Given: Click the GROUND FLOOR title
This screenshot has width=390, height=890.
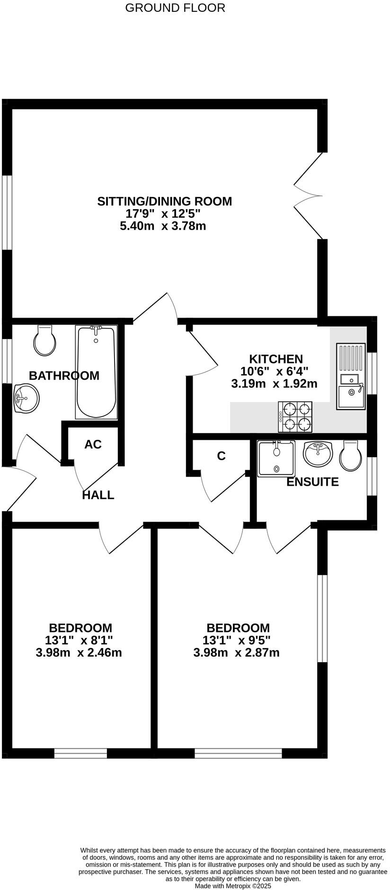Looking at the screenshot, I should (x=175, y=8).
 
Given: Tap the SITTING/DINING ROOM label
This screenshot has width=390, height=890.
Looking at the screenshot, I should (x=164, y=201).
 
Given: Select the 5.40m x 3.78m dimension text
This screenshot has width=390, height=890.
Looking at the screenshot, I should (x=163, y=226).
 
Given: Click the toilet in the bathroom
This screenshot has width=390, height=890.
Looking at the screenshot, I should (x=45, y=340).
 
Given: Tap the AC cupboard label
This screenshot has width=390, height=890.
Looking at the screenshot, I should (x=93, y=445).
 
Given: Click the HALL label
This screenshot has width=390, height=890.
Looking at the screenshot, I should (x=98, y=495).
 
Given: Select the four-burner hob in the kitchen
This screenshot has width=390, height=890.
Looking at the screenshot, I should (x=296, y=417).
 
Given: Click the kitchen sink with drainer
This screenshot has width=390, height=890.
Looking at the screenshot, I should (x=351, y=377).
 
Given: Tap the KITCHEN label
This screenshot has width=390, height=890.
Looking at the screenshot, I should (x=276, y=359).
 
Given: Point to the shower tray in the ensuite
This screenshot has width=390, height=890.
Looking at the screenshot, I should (x=276, y=458).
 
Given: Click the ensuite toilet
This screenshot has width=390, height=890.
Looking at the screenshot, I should (x=351, y=456).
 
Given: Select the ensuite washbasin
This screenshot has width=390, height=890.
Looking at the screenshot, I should (x=318, y=454).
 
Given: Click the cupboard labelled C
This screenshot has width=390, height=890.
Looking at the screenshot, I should (x=221, y=456).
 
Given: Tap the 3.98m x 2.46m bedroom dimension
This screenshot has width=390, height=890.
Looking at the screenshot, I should (x=79, y=653).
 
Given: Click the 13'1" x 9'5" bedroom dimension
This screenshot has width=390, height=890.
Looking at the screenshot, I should (x=236, y=641).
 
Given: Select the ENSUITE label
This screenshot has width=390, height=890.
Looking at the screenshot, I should (x=313, y=482).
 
